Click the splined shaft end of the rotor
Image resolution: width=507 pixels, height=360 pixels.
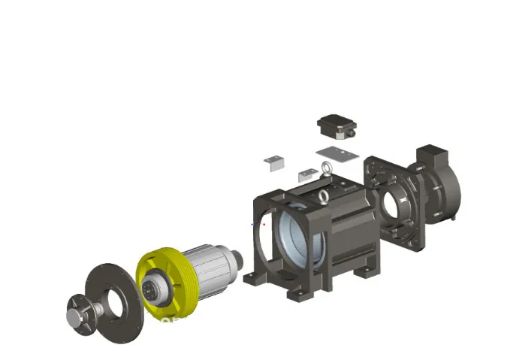click(240, 261)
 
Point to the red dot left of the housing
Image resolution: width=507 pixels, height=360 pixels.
click(264, 223)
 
